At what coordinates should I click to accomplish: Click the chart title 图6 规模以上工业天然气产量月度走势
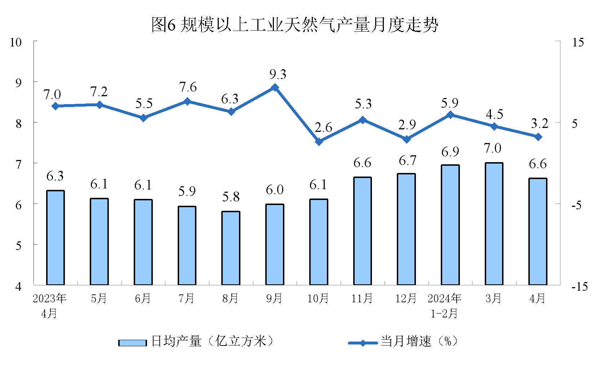pos(294,25)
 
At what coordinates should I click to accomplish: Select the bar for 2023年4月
pos(56,238)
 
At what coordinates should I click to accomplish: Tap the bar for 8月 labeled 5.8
pos(231,248)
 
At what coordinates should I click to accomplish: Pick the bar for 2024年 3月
pos(494,224)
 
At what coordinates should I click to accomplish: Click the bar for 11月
pos(362,231)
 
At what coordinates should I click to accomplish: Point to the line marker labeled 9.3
pos(275,88)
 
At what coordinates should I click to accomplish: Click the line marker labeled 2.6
pos(319,142)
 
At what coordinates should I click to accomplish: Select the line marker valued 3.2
pos(538,137)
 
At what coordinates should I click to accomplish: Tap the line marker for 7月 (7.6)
pos(187,102)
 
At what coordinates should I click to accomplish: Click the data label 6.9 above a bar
pos(450,152)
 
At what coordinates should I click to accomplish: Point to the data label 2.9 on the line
pos(407,125)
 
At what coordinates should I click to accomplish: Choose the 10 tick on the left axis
pos(16,42)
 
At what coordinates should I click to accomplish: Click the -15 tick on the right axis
pos(579,287)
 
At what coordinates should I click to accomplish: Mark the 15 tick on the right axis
pos(578,42)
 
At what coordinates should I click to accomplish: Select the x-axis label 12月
pos(406,298)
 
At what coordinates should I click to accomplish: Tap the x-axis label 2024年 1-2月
pos(444,306)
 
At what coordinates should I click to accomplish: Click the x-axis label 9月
pos(274,298)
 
